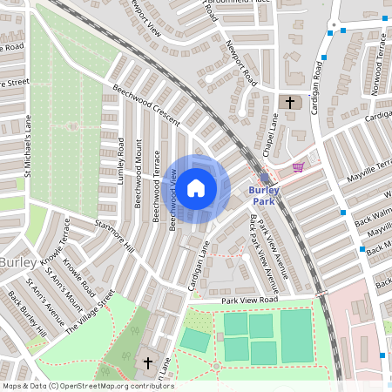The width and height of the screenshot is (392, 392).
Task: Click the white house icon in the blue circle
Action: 196,187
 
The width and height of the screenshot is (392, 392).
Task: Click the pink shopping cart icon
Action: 299,167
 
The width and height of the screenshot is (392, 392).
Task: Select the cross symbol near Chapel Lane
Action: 291,103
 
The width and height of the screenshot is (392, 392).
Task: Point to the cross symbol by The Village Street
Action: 147,362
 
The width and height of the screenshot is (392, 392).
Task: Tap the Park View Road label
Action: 248,300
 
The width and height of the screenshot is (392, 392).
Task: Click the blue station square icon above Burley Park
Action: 265,177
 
